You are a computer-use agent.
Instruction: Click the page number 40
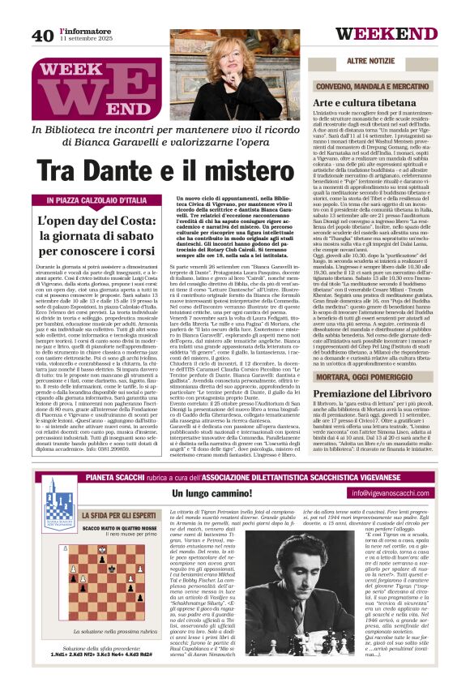click(43, 34)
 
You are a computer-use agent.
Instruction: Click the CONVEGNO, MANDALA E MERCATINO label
click(375, 85)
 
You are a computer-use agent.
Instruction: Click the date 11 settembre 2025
click(83, 38)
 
